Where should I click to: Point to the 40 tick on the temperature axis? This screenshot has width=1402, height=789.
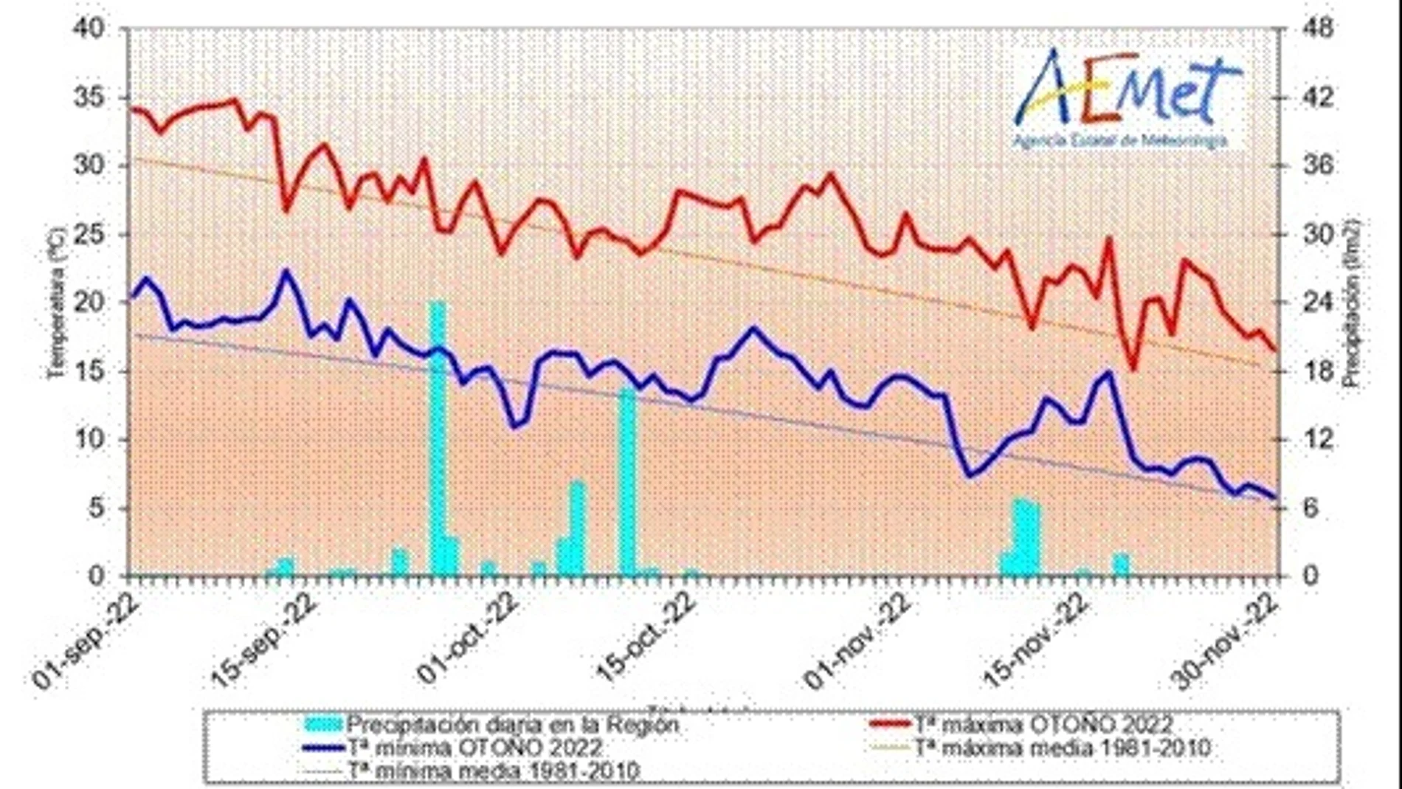point(91,30)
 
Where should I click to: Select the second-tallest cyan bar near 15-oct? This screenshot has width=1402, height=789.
point(627,480)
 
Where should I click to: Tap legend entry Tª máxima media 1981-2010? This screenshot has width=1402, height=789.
point(1062,748)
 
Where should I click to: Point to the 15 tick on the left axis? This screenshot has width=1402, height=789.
point(91,371)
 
